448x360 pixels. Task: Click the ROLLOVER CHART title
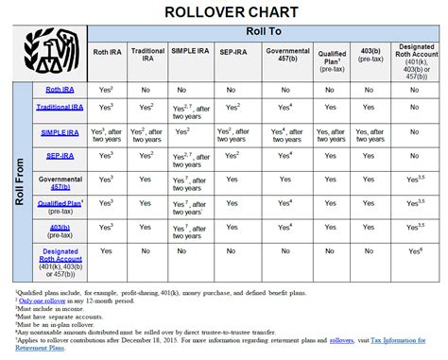[224, 11]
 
